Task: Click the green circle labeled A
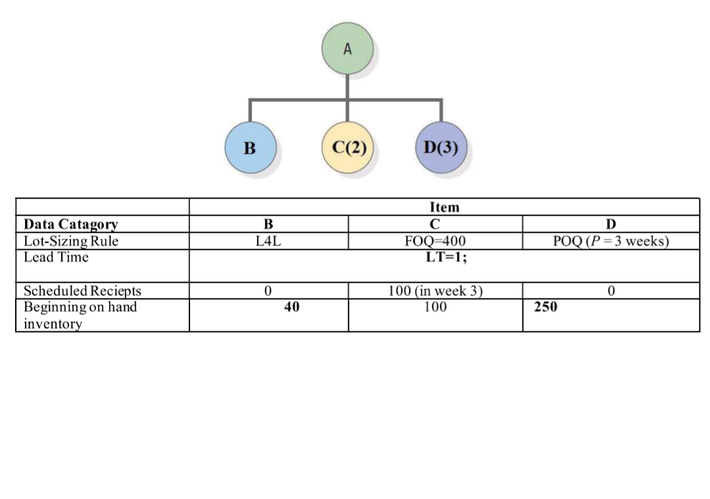pos(348,49)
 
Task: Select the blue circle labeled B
pos(249,147)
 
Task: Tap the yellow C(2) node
pos(348,147)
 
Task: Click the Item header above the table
pos(444,207)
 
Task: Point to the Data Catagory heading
pos(71,224)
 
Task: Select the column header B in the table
pos(268,224)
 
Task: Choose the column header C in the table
pos(435,224)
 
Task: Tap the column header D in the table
pos(611,224)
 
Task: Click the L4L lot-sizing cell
pos(268,241)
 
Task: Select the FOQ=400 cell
pos(435,241)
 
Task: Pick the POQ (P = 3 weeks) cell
pos(611,241)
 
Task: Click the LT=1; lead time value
pos(444,257)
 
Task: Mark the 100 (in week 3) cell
pos(435,291)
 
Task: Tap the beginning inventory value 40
pos(292,306)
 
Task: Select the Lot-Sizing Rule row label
pos(71,241)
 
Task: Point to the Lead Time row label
pos(56,257)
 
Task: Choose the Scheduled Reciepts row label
pos(82,291)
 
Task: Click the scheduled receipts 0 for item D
pos(611,291)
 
